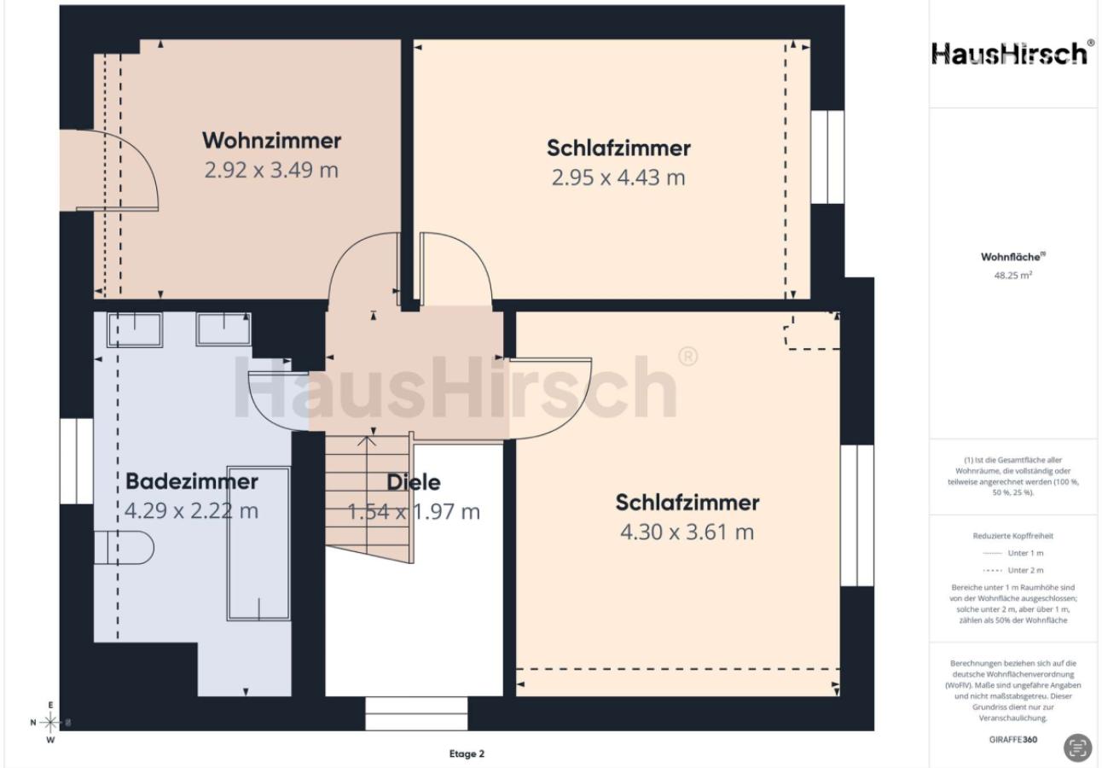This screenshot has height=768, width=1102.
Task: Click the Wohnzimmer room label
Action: (x=271, y=141)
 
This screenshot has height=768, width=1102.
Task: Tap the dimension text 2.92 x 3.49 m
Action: (x=271, y=171)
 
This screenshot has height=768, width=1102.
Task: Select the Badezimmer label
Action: (x=192, y=481)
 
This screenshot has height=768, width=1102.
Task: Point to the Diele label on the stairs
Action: (x=414, y=482)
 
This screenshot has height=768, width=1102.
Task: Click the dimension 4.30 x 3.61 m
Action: (x=687, y=532)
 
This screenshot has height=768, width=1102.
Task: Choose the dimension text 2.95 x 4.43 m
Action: (x=618, y=177)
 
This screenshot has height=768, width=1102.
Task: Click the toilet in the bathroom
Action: (x=125, y=547)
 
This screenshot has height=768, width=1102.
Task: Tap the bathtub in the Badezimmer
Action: (x=258, y=544)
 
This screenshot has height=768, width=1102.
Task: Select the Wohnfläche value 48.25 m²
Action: (x=1013, y=276)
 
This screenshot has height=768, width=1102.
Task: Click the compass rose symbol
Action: (x=50, y=723)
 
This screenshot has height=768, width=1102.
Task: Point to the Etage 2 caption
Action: (x=467, y=753)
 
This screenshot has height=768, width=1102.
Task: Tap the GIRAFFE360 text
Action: (x=1013, y=740)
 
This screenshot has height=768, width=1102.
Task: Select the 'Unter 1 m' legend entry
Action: (x=1013, y=553)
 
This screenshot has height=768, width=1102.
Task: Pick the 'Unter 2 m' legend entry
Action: (x=1013, y=570)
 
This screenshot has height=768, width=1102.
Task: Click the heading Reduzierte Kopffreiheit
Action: (x=1013, y=536)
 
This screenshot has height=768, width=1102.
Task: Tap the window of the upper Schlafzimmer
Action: (x=827, y=157)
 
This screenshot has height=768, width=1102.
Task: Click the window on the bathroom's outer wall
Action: (x=76, y=462)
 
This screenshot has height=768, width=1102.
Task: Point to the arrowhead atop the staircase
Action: (x=367, y=440)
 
